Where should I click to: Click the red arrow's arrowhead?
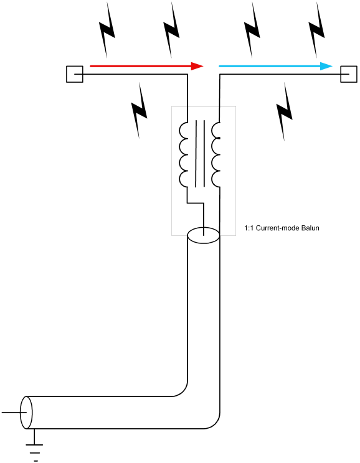(197, 66)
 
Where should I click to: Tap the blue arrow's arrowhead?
(326, 66)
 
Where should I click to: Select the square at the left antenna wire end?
(75, 74)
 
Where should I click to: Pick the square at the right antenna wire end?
(349, 74)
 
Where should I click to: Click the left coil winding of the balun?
(183, 154)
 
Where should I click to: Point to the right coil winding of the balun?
(216, 154)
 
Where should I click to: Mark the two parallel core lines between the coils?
(200, 154)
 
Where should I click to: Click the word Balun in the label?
(310, 228)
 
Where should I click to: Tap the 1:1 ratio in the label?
(249, 228)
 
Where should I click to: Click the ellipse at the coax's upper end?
(203, 235)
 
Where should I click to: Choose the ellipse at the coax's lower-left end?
(26, 413)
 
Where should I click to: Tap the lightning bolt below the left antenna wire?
(139, 110)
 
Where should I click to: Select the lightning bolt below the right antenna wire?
(285, 111)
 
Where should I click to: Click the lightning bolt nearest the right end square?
(316, 30)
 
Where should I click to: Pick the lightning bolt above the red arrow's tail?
(107, 30)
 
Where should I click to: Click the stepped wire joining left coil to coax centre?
(196, 203)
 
